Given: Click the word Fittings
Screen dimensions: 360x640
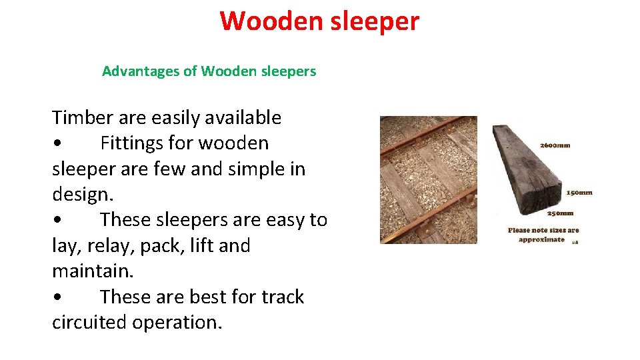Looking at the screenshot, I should coord(138,143).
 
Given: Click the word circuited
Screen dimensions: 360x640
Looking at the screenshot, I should coord(89,323).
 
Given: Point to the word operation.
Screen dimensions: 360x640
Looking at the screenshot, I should coord(177,323).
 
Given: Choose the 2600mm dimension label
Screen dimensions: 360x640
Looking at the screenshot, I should coord(555,145).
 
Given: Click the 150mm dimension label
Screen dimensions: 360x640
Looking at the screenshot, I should coord(579,193).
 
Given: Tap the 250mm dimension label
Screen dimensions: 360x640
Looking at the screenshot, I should coord(560,214).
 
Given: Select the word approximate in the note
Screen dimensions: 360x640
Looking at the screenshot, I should coord(541,239).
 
